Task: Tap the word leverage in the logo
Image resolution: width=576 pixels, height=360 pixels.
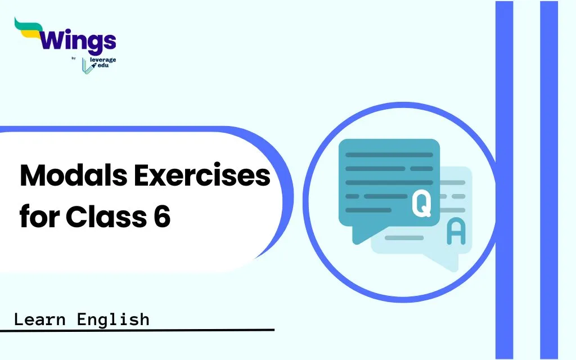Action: coord(103,60)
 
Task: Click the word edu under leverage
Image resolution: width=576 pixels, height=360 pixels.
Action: coord(103,65)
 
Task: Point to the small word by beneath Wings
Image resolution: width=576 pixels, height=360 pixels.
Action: coord(74,58)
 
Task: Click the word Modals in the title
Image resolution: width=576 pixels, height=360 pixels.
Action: coord(74,175)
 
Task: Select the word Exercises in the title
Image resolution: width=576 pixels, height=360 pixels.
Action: coord(202,175)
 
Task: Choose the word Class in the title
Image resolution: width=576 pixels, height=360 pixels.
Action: coord(106,216)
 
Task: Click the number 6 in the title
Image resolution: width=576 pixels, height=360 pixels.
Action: coord(162,217)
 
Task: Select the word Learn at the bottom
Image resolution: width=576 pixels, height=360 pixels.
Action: coord(40,319)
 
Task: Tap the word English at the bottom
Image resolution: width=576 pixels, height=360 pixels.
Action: coord(113,319)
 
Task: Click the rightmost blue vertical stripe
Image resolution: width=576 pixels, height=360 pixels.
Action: coord(549,180)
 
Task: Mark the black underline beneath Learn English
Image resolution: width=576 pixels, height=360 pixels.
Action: coord(137,330)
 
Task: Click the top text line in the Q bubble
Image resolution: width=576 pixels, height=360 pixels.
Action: coord(389,155)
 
